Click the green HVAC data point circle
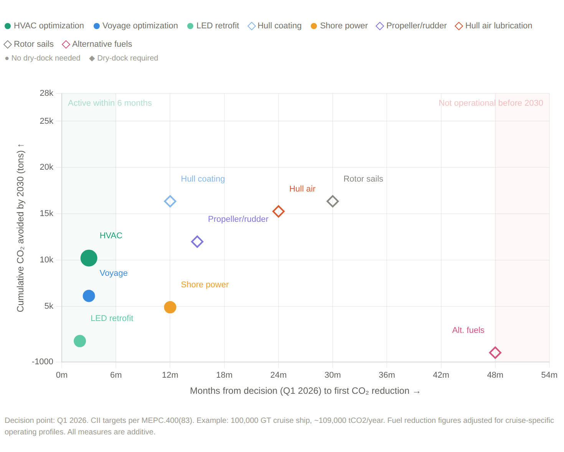click(x=89, y=258)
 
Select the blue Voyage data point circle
click(x=89, y=296)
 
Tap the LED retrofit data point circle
click(x=80, y=341)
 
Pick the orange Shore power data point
click(x=170, y=307)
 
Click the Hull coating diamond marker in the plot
click(x=170, y=201)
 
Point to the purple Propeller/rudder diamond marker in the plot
click(x=197, y=241)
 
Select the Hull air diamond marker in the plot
click(x=278, y=211)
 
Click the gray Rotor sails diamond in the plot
click(x=332, y=201)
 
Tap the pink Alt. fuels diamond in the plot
click(x=495, y=352)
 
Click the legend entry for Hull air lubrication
click(x=493, y=26)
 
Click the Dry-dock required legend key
click(x=124, y=58)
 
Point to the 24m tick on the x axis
click(x=278, y=375)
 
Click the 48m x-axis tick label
click(x=495, y=375)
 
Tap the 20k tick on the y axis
click(x=46, y=167)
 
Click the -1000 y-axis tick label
click(x=42, y=362)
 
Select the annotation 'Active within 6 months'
click(x=110, y=103)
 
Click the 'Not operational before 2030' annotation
click(x=491, y=103)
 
